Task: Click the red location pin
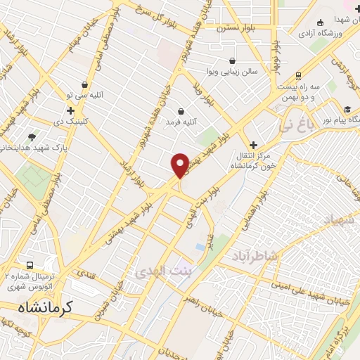[x=181, y=165]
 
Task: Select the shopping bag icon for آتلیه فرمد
[x=181, y=111]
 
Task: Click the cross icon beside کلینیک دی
[x=70, y=110]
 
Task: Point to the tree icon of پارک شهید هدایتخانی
[x=32, y=136]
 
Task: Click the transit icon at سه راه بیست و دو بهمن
[x=299, y=75]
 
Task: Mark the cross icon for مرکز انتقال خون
[x=254, y=145]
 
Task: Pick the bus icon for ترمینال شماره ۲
[x=30, y=266]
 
